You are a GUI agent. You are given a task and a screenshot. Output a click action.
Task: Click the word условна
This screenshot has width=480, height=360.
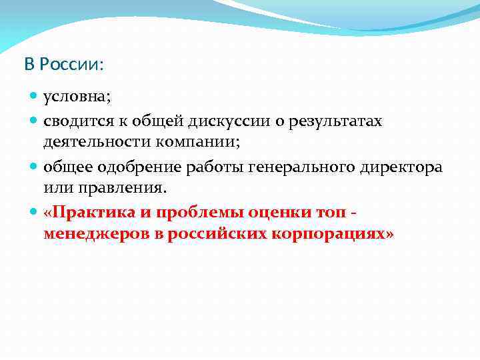[x=77, y=97]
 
